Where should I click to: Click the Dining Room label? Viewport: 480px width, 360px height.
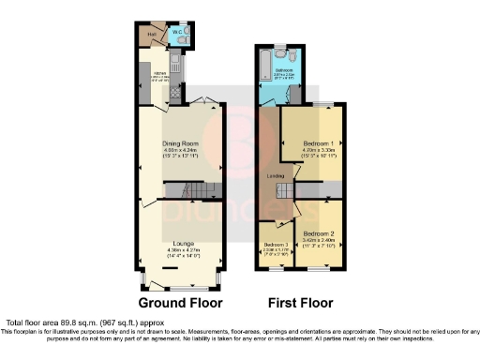(x=183, y=143)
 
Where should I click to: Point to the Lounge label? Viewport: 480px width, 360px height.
(x=183, y=243)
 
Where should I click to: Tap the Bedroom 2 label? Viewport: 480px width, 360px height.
(x=320, y=232)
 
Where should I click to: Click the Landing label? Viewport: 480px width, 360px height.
(x=276, y=175)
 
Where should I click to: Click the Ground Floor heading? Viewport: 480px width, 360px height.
(x=181, y=304)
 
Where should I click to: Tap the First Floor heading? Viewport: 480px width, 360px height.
(x=299, y=304)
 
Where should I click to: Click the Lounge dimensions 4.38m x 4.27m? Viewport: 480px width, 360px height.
(x=183, y=250)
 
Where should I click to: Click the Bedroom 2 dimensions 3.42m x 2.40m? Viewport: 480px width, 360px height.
(x=320, y=240)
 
